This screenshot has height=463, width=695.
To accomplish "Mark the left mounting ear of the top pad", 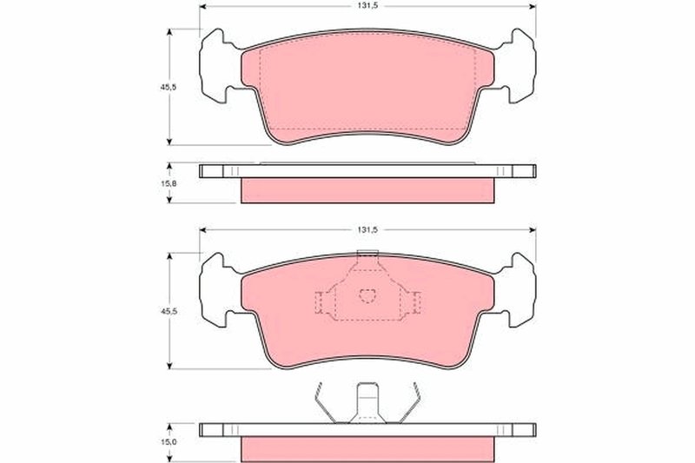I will tap(215, 65).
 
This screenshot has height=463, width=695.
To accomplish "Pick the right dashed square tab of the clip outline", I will tap(418, 302).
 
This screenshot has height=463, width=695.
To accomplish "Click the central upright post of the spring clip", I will tap(368, 402).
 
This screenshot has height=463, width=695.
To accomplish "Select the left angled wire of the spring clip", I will tap(322, 405).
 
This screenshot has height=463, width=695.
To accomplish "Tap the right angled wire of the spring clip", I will tap(415, 405).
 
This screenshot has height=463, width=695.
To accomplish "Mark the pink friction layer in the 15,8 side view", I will tap(368, 190).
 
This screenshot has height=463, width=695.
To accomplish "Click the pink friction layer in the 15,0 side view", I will tap(368, 447).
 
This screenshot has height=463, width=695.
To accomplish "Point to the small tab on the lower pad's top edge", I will tap(368, 255).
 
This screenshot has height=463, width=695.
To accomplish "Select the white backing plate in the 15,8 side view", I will tap(368, 171).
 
